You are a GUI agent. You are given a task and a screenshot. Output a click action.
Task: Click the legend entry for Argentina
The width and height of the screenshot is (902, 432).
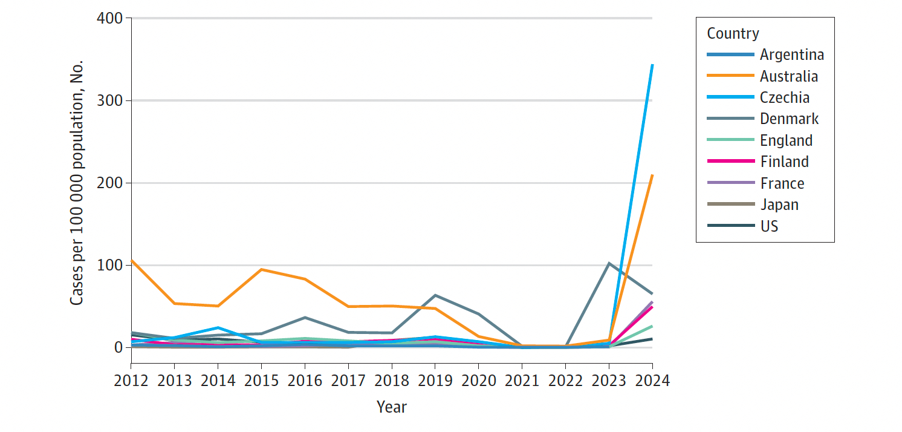(791, 54)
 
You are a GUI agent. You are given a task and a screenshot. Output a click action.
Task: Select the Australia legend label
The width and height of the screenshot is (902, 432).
(788, 76)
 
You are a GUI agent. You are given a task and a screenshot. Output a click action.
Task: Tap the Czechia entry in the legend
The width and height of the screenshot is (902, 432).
(784, 97)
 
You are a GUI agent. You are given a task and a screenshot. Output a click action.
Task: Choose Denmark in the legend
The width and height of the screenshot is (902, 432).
(789, 119)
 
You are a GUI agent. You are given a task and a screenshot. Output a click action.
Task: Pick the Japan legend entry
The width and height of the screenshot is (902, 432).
(779, 205)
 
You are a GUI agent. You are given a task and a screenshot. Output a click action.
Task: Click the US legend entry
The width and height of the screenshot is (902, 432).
(769, 226)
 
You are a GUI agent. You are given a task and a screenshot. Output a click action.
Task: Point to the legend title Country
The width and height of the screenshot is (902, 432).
(733, 33)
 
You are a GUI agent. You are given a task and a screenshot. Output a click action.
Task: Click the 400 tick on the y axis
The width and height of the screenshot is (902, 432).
(109, 18)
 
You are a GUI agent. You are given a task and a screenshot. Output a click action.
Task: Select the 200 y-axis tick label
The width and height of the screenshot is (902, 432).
(109, 183)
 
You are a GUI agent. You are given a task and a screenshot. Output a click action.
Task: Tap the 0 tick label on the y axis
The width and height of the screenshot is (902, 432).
(117, 347)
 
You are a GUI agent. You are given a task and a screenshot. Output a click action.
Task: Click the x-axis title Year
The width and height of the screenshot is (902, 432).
(391, 407)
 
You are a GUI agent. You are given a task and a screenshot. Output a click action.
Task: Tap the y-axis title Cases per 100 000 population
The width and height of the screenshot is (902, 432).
(77, 183)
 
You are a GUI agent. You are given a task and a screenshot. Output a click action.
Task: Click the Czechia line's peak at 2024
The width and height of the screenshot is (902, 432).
(652, 65)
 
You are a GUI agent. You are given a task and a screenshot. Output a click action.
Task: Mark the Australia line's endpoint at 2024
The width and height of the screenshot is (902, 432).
(652, 175)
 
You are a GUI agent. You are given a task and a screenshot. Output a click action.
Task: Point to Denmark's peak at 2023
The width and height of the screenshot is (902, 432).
(609, 263)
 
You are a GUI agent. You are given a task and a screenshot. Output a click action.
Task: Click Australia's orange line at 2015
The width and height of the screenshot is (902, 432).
(261, 269)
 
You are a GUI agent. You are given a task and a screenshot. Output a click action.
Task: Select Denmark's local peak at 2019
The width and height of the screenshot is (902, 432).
(435, 295)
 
